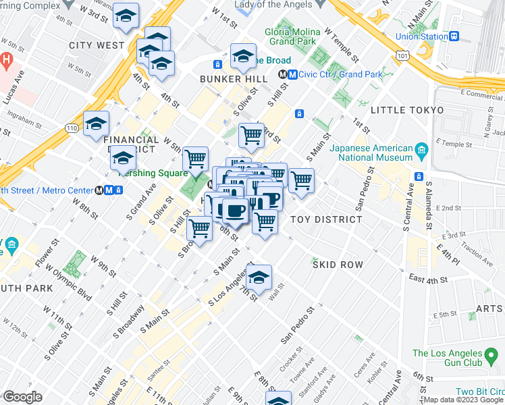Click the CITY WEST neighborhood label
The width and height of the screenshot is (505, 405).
[96, 45]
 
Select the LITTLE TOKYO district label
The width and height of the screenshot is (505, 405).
[406, 110]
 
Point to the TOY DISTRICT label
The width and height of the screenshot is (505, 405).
[326, 219]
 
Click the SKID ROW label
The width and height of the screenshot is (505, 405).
[338, 265]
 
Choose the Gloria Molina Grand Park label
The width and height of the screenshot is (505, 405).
[290, 36]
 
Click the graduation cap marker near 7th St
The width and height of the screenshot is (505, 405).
[259, 277]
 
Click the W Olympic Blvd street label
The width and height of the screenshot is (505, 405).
[75, 286]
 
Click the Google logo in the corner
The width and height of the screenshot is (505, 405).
[23, 397]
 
